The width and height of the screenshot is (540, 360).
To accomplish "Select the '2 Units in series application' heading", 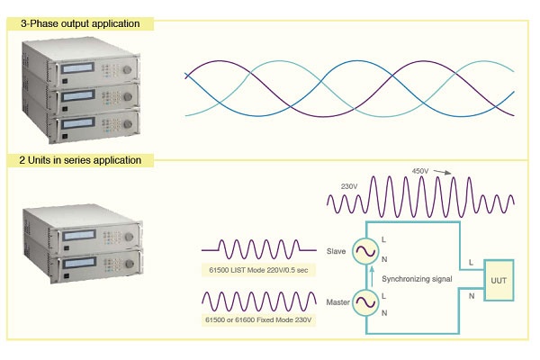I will click(81, 160).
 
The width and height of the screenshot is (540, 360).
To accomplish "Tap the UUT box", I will click(500, 280).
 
